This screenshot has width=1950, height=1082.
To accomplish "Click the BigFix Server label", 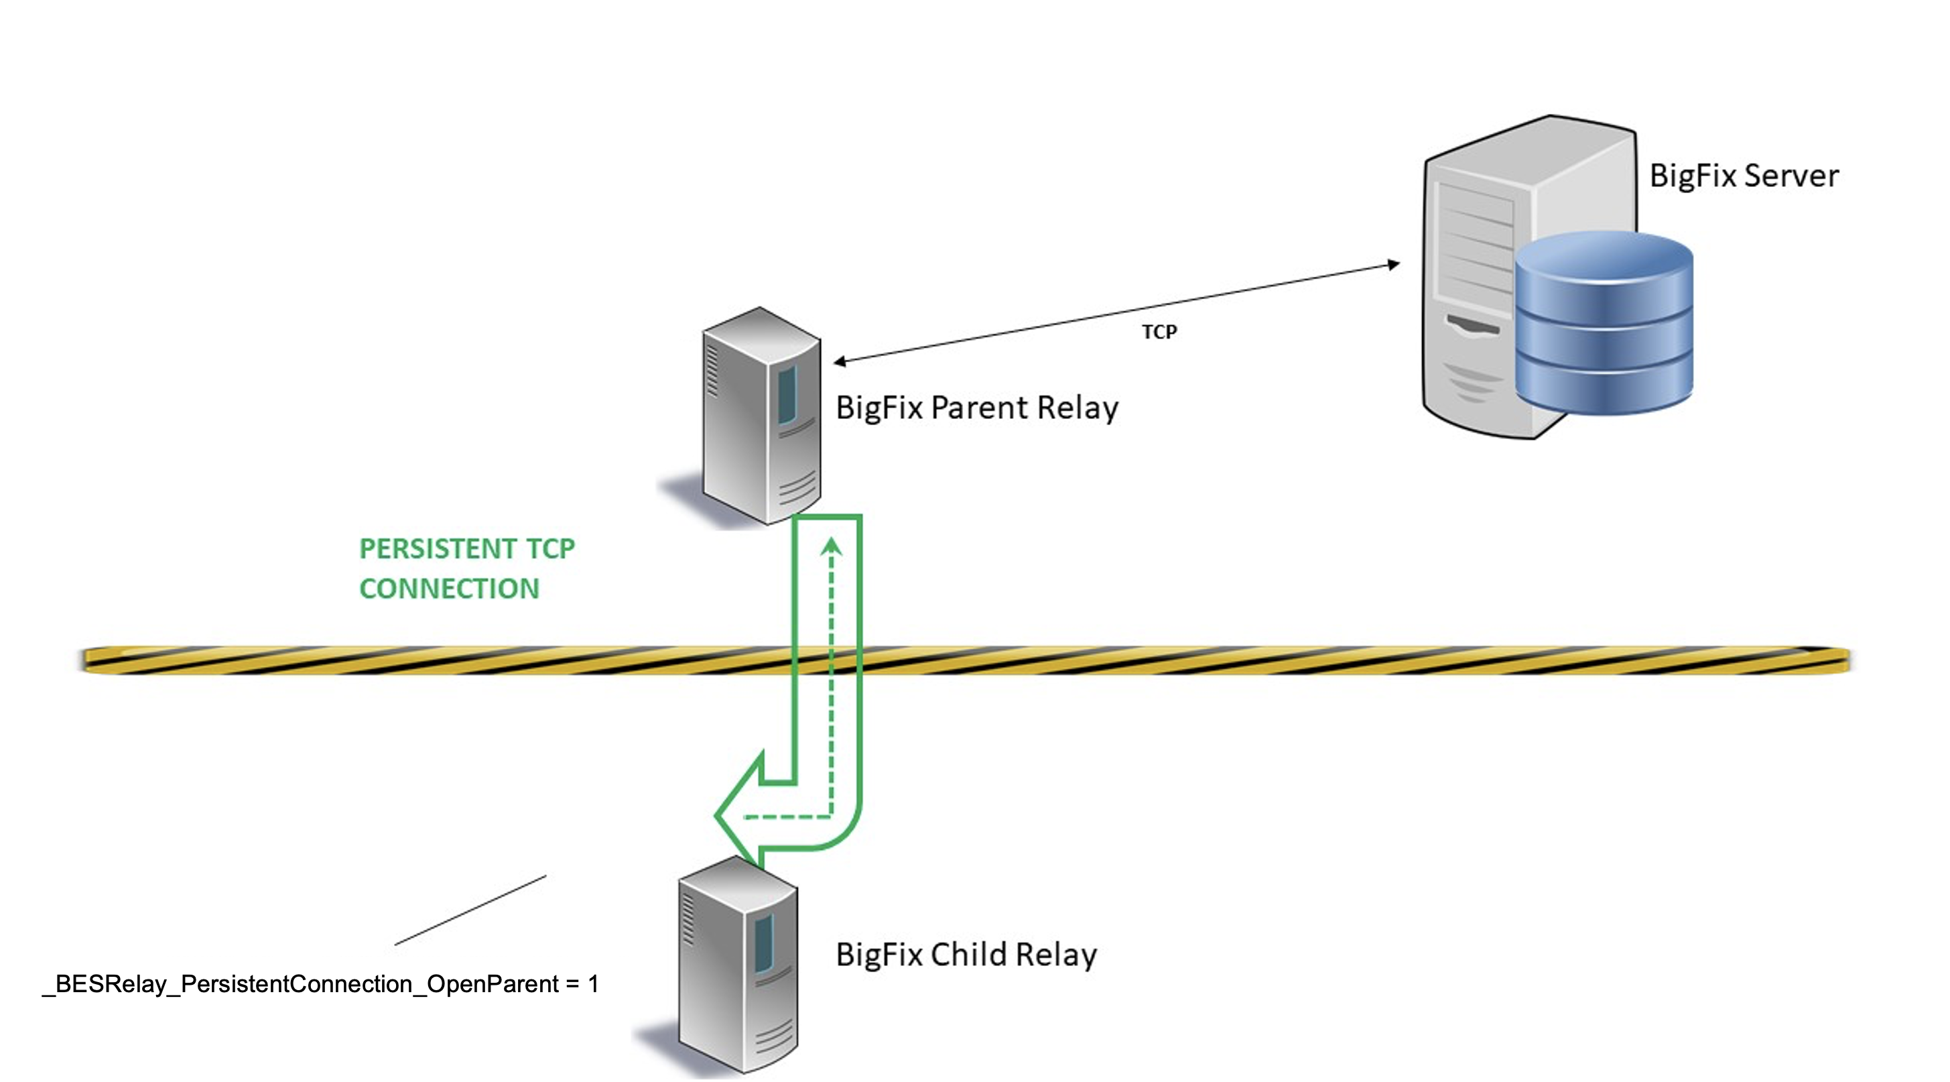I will (1744, 176).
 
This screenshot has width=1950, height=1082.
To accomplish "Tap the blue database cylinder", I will (1604, 323).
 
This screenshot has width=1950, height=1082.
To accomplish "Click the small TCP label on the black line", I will (1159, 333).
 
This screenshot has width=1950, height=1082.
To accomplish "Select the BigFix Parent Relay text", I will (976, 408).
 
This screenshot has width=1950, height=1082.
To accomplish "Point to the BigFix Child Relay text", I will (966, 955).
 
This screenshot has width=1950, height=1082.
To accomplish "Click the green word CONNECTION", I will (449, 589).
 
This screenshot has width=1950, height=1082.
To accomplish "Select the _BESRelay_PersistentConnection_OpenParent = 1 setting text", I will (320, 984).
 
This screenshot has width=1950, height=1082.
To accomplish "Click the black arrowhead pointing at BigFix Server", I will (1393, 264).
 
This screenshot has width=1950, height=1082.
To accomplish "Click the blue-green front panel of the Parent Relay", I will (787, 394).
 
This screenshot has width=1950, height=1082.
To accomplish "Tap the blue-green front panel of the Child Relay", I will (763, 943).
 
